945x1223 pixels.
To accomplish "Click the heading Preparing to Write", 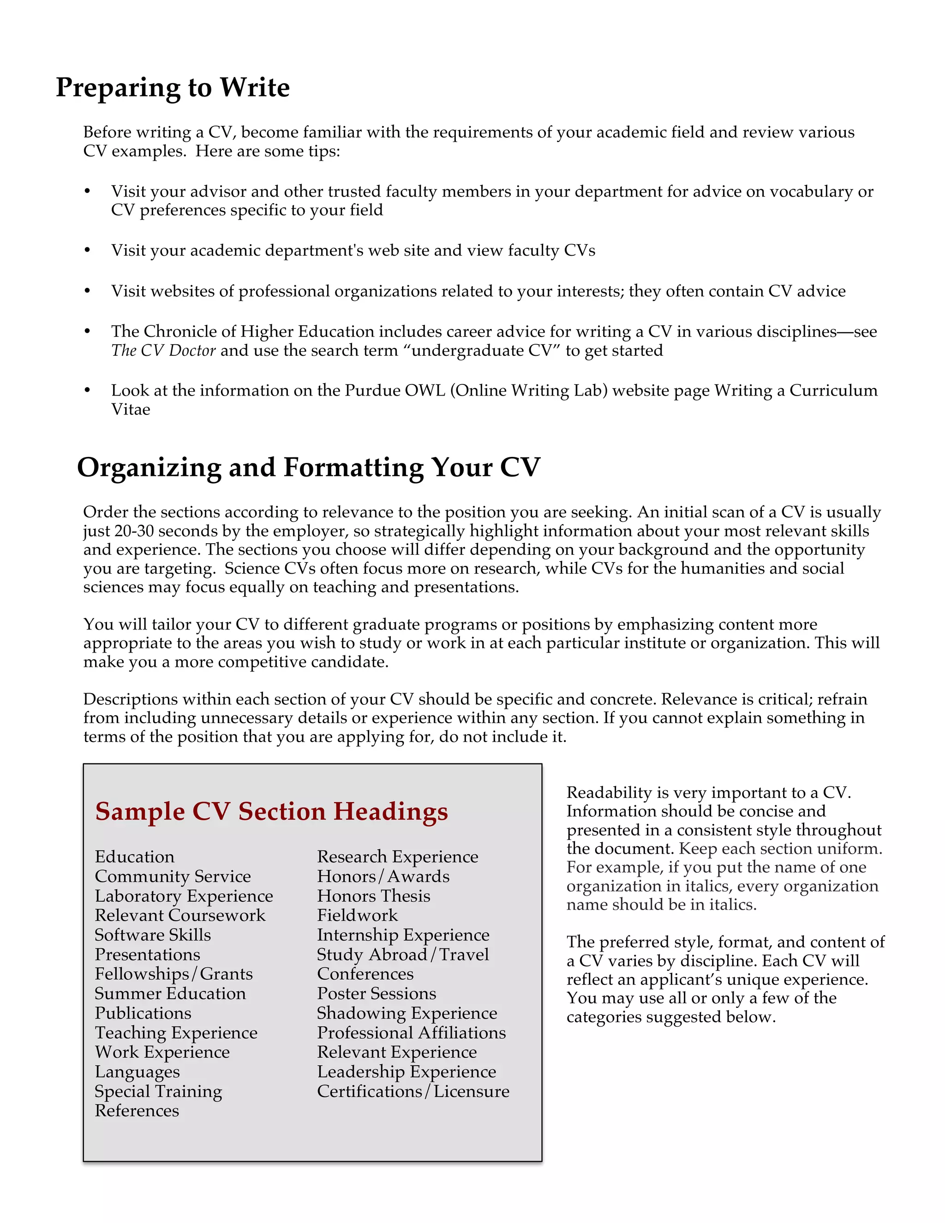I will pyautogui.click(x=173, y=88).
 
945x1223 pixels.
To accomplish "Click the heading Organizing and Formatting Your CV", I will pyautogui.click(x=309, y=468).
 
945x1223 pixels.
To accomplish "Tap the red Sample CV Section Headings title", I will pyautogui.click(x=271, y=811).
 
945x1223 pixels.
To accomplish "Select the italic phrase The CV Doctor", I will pyautogui.click(x=163, y=351).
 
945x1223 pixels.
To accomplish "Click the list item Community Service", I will pyautogui.click(x=173, y=876).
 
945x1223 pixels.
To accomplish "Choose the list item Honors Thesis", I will pyautogui.click(x=373, y=896).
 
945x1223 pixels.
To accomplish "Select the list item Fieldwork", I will pyautogui.click(x=357, y=915).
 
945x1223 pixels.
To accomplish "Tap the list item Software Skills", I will pyautogui.click(x=153, y=935).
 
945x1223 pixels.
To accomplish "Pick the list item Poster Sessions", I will pyautogui.click(x=376, y=994).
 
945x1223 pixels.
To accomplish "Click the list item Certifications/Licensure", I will pyautogui.click(x=413, y=1091).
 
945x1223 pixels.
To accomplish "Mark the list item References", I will pyautogui.click(x=137, y=1110).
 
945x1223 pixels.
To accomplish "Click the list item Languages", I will pyautogui.click(x=137, y=1072).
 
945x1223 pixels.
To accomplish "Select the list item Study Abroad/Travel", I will pyautogui.click(x=402, y=954).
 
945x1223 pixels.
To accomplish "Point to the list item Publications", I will pyautogui.click(x=143, y=1013).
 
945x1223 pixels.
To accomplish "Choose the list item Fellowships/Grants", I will pyautogui.click(x=173, y=974).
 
